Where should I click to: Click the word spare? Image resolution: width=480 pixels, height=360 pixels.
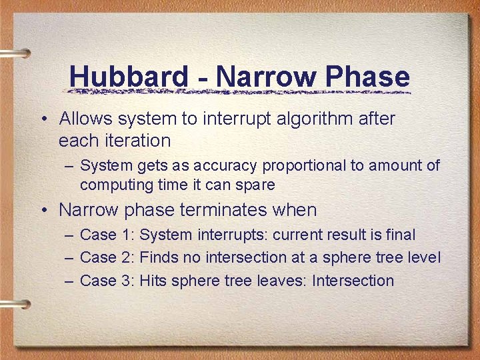254,185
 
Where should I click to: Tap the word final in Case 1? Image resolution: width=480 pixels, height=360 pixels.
399,235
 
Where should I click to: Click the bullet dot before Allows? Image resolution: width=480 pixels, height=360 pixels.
43,120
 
